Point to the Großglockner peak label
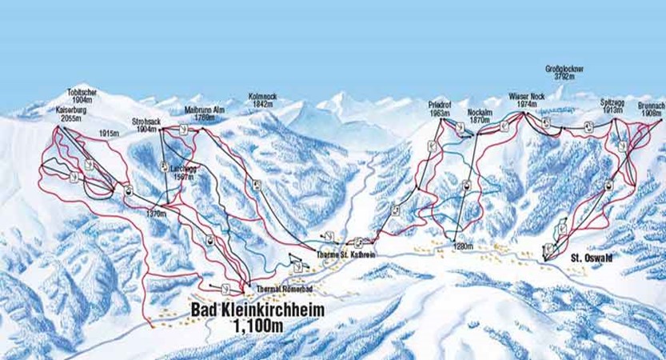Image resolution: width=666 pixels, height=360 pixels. (565, 70)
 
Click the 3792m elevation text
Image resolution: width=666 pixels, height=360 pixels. (565, 78)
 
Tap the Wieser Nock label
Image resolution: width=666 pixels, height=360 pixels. (525, 97)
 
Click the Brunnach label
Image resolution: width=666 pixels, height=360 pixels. (651, 106)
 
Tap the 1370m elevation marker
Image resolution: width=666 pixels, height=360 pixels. (158, 214)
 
